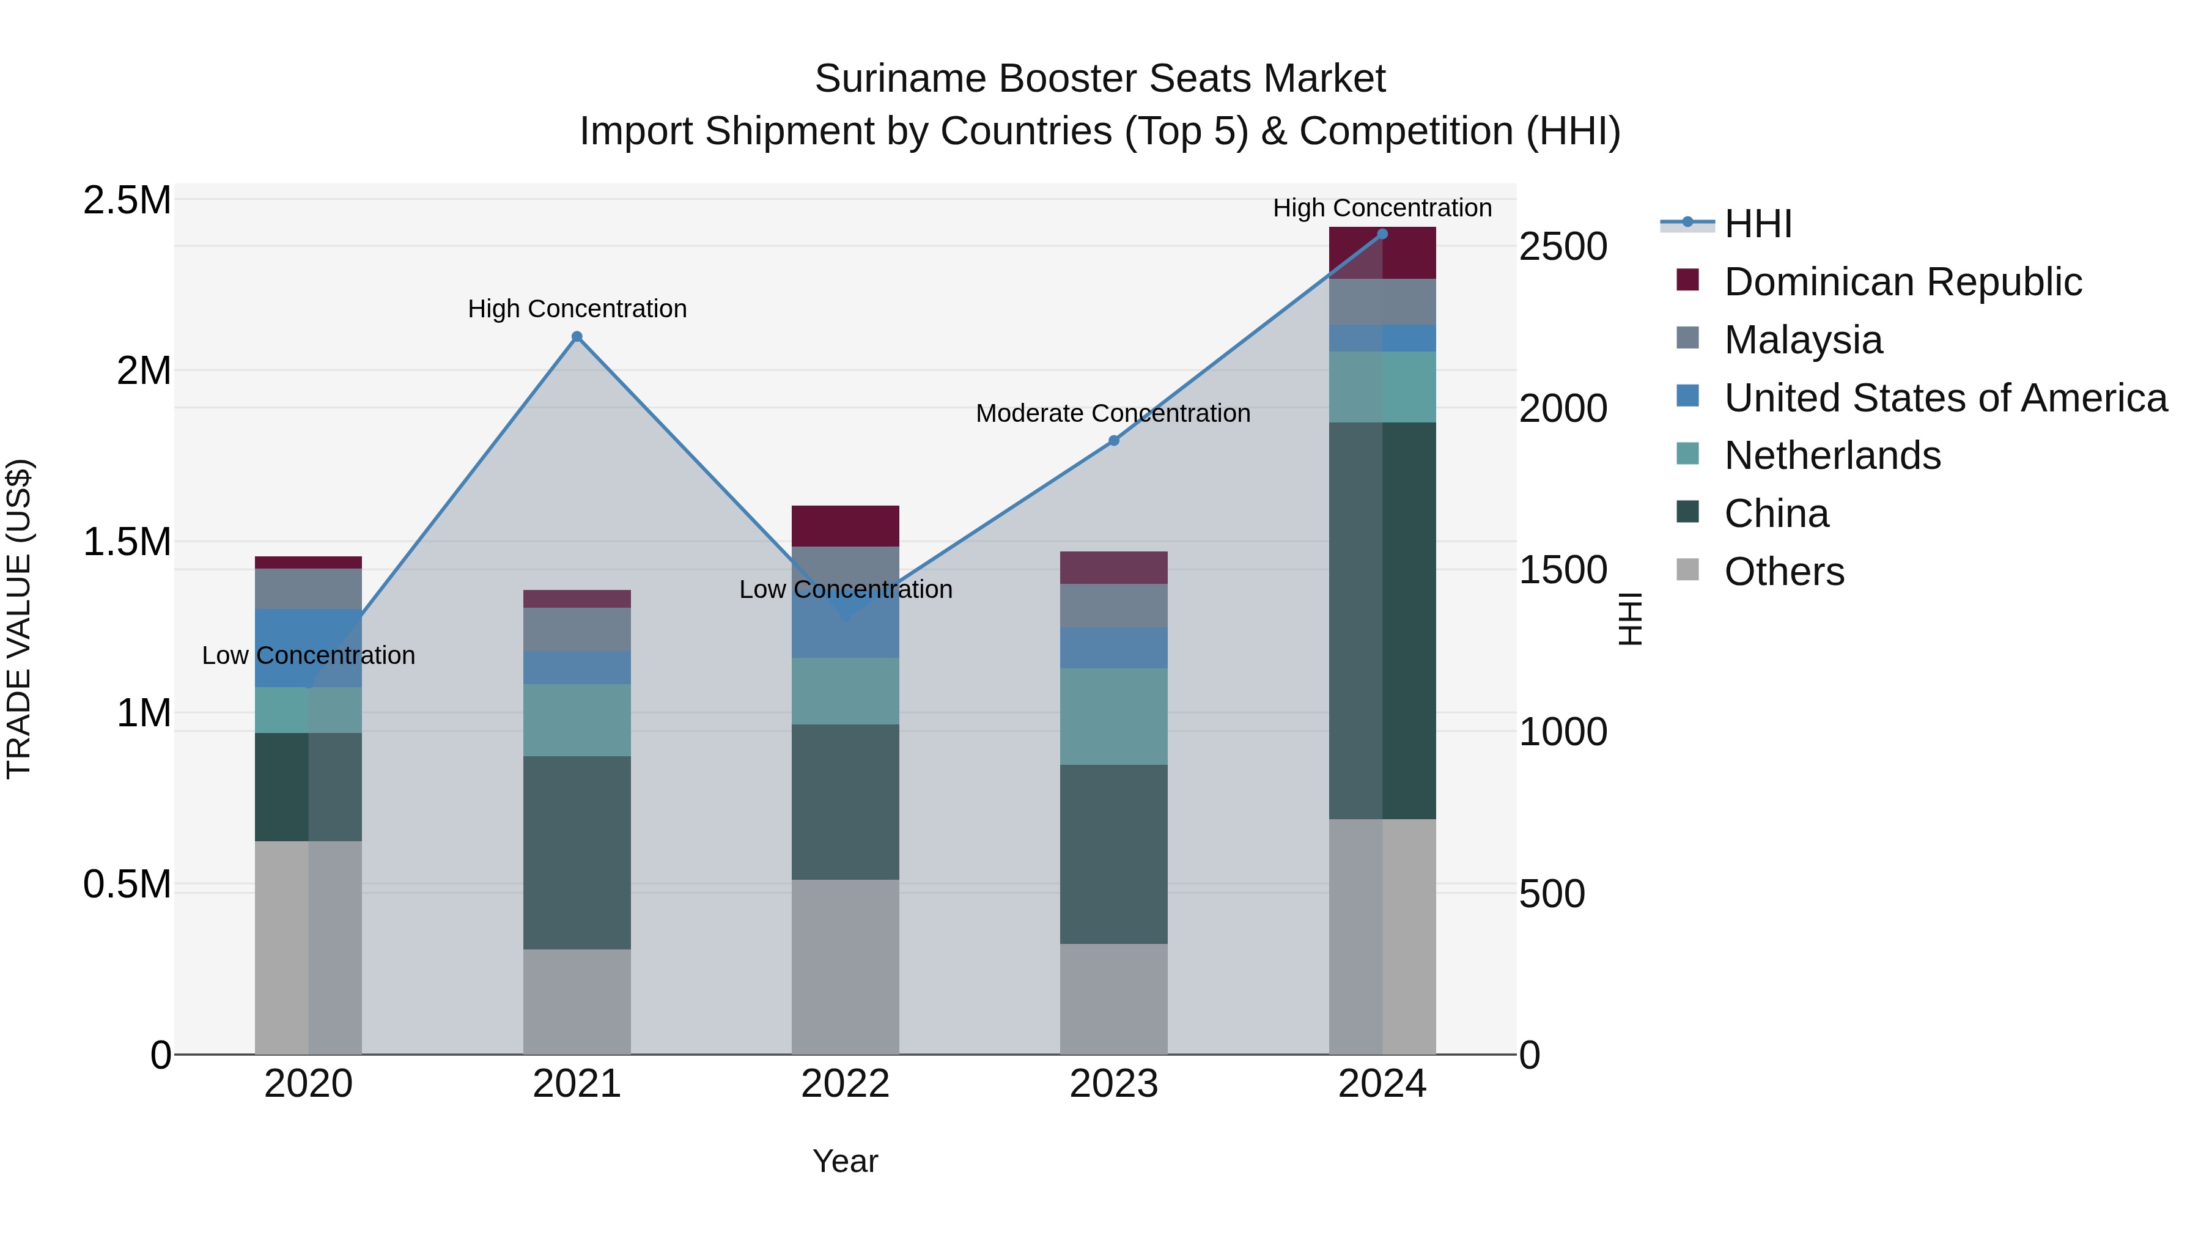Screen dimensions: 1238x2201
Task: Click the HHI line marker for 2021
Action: [577, 337]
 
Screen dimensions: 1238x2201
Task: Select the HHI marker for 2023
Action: [1113, 441]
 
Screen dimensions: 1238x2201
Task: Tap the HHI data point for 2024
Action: [1382, 234]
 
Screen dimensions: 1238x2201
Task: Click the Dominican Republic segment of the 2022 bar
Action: [845, 525]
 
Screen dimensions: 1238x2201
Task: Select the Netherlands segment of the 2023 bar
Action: [1113, 716]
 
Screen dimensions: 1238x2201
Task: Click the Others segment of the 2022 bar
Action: [845, 965]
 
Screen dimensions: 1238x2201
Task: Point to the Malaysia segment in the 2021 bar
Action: [577, 629]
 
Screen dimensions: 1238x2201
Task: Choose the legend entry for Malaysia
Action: [1803, 340]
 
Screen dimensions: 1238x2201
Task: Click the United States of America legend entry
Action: [1945, 398]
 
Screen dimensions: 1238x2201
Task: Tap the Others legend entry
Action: [1783, 572]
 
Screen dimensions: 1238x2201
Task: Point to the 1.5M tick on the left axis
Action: [127, 542]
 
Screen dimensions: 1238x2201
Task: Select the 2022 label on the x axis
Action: [845, 1084]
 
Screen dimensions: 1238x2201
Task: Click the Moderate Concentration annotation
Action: [1113, 413]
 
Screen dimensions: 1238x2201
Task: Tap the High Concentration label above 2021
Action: [577, 309]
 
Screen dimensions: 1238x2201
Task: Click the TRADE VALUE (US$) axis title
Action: [19, 619]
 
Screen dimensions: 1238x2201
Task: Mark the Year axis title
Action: [845, 1161]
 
